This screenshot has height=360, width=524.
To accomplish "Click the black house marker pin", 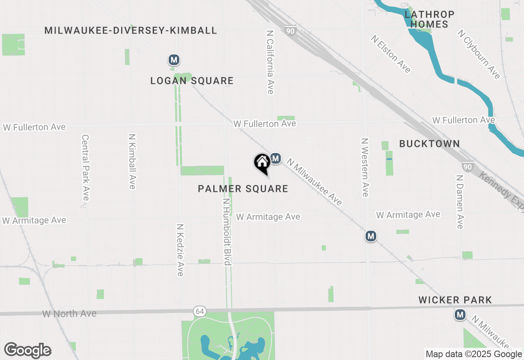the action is coord(262,163).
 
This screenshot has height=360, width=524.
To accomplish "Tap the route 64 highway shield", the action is coord(199,311).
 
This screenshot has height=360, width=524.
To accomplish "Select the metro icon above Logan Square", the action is coord(174,60).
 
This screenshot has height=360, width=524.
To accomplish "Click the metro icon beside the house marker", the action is coord(276,158).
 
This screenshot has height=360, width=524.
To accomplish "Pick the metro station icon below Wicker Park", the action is coord(460,315).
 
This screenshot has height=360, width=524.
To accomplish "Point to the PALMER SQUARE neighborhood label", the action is coord(243,189).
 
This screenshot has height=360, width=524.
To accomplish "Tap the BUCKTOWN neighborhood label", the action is coord(429,144).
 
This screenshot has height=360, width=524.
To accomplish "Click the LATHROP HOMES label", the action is coord(429,19).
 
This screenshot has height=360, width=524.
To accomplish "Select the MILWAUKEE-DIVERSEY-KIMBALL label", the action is coord(131,30).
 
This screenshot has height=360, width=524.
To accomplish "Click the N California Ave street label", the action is coord(270,62).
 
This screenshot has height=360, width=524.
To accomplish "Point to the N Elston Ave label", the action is coord(391,54).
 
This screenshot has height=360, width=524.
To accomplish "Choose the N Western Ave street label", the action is coord(365,167).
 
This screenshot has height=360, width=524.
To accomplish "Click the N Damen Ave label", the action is coord(459,202).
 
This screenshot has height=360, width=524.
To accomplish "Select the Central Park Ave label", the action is coord(85,168).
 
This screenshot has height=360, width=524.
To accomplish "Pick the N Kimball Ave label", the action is coord(132,162).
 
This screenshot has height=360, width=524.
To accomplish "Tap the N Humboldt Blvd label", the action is coord(227,232).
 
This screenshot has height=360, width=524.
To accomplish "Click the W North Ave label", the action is coord(69,314).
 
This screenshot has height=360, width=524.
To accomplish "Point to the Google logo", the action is coord(27,351).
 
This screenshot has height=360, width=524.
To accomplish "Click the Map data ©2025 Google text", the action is coord(474,354).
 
